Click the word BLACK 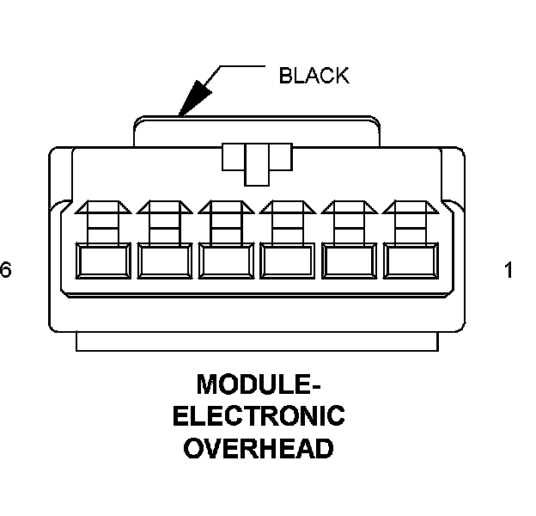pyautogui.click(x=314, y=76)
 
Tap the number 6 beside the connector pyautogui.click(x=6, y=271)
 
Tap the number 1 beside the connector pyautogui.click(x=508, y=271)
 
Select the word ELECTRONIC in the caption pyautogui.click(x=259, y=416)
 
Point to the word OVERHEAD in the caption pyautogui.click(x=259, y=449)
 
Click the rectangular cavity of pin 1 pyautogui.click(x=411, y=261)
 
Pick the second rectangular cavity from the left pyautogui.click(x=165, y=261)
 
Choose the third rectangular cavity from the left pyautogui.click(x=226, y=261)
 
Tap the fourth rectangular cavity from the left pyautogui.click(x=288, y=261)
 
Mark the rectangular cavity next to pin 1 pyautogui.click(x=350, y=261)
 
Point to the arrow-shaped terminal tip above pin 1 pyautogui.click(x=411, y=207)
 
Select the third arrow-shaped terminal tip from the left pyautogui.click(x=226, y=207)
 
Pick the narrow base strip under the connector pyautogui.click(x=257, y=341)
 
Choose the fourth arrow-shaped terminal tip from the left pyautogui.click(x=288, y=207)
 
